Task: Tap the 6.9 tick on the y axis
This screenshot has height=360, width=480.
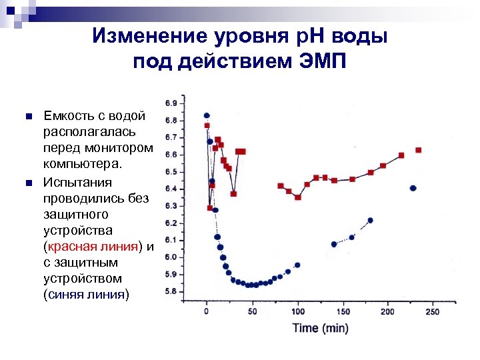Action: (x=171, y=103)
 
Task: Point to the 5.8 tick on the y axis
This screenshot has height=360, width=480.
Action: (x=171, y=291)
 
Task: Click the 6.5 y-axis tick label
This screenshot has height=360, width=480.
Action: (x=171, y=172)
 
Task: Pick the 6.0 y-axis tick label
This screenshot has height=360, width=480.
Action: (x=171, y=257)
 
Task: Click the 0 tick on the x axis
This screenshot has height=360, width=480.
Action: (x=206, y=312)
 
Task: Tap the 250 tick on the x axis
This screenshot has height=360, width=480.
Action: (x=432, y=312)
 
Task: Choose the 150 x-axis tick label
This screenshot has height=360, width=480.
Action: (x=343, y=312)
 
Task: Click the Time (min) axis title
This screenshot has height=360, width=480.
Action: (x=320, y=327)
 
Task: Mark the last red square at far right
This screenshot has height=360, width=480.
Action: (x=418, y=150)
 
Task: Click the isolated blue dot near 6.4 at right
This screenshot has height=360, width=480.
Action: (x=413, y=188)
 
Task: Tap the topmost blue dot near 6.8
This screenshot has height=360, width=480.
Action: (x=207, y=115)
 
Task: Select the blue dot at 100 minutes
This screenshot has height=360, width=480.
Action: (x=297, y=265)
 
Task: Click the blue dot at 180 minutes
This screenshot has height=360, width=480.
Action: (x=370, y=220)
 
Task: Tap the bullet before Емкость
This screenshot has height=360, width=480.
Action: (x=27, y=117)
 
